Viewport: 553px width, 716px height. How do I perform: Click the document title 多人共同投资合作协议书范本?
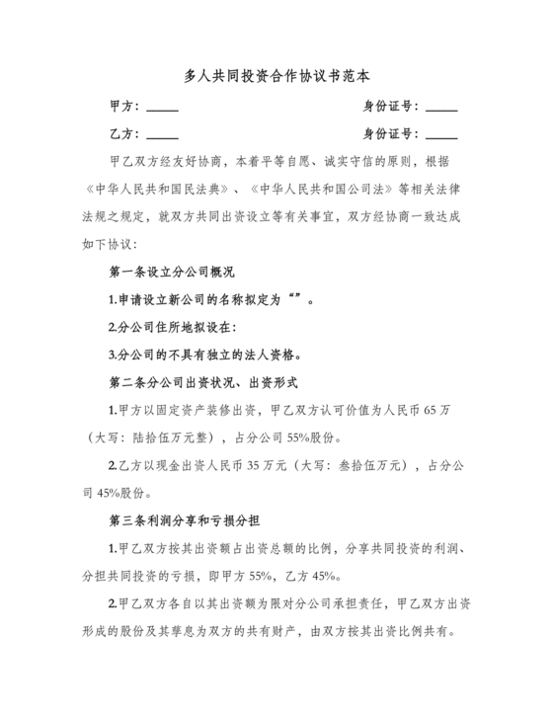(276, 75)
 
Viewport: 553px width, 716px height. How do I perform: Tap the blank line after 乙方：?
(162, 135)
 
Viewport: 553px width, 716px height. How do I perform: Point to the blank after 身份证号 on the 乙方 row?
(441, 135)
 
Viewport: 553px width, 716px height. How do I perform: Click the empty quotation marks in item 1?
(292, 299)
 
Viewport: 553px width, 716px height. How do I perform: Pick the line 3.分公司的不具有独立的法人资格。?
(204, 355)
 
